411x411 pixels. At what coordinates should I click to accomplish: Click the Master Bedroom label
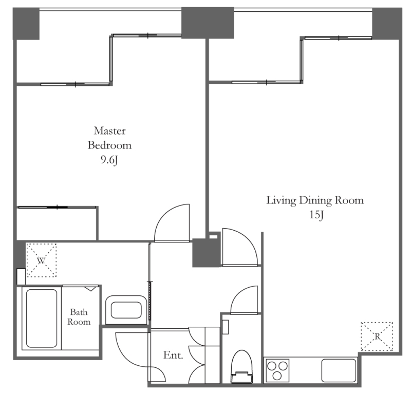109,138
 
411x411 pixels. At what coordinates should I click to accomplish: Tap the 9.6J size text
109,160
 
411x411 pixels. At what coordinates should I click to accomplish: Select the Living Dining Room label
315,200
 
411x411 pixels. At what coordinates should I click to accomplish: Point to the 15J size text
316,215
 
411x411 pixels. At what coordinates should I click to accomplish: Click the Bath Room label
79,317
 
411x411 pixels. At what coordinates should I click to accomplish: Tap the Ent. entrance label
173,355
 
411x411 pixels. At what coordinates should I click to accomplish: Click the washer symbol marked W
42,260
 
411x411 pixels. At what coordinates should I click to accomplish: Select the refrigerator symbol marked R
377,337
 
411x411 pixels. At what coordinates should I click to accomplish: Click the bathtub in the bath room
42,318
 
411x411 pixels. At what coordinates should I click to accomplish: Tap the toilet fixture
241,367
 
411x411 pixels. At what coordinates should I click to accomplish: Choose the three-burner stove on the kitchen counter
277,370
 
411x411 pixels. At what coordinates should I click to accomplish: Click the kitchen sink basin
339,370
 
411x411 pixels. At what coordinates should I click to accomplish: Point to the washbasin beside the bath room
126,310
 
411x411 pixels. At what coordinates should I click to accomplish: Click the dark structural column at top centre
208,23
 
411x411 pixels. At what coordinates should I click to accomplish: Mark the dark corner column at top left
26,24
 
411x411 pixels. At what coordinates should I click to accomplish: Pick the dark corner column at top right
387,24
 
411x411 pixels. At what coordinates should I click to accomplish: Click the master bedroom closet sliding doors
57,208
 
